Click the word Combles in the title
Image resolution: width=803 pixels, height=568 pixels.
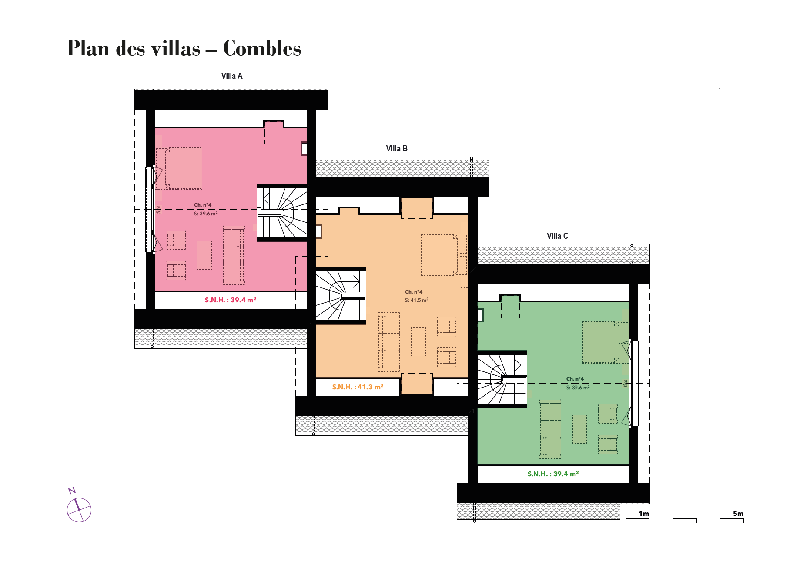tap(262, 48)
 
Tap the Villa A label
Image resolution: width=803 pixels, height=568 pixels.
tap(232, 76)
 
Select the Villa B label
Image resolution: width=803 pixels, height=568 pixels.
tap(397, 149)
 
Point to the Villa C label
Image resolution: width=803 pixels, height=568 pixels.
tap(557, 236)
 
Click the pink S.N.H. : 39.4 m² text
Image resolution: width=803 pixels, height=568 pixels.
tap(231, 300)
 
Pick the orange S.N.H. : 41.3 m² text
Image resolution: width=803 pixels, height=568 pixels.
tap(358, 387)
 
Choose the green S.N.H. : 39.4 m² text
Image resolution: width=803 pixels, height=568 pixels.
tap(553, 474)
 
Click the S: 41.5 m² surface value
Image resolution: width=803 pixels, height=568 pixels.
tap(416, 300)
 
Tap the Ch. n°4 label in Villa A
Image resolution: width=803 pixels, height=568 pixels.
tap(203, 205)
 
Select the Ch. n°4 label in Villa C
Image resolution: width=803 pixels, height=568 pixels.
tap(575, 379)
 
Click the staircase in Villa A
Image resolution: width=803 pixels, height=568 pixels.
tap(282, 212)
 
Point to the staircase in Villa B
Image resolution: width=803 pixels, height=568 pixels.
tap(341, 296)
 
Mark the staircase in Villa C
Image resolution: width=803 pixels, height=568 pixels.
tap(502, 380)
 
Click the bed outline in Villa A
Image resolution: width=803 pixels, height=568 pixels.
tap(184, 168)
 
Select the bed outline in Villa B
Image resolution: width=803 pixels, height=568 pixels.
tap(439, 255)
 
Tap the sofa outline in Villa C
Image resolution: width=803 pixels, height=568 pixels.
tap(550, 429)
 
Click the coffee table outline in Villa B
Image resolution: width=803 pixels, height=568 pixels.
tap(418, 342)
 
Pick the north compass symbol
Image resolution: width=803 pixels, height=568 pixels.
tap(78, 507)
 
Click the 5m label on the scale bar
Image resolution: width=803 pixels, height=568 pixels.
tap(738, 514)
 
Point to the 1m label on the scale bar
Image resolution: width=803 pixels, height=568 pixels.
tap(644, 514)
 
